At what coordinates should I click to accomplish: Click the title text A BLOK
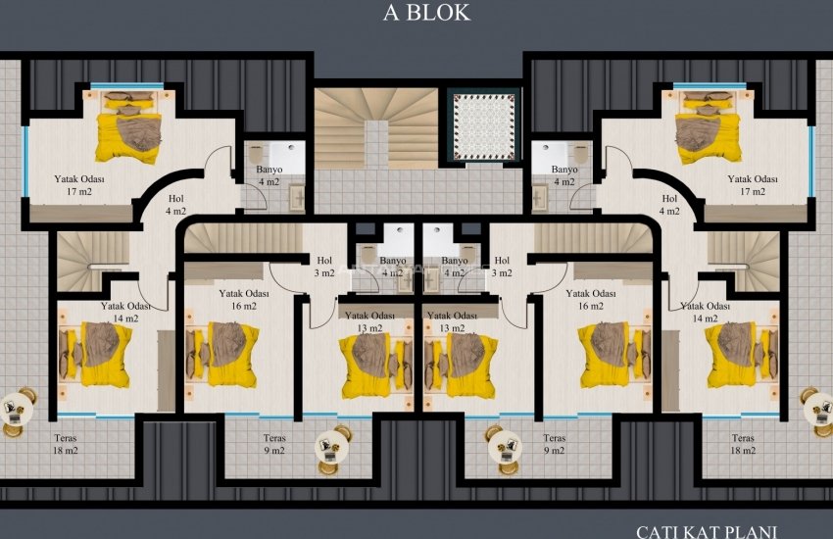coord(425,13)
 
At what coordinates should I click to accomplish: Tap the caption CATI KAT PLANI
coord(707,531)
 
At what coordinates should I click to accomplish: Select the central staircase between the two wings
coord(375,127)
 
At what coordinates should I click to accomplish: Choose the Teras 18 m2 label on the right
coord(743,445)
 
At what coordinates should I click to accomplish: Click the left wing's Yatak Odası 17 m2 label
coord(79,186)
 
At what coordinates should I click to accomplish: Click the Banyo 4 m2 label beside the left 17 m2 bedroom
coord(269,175)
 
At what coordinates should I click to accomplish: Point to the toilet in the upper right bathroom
coord(577,154)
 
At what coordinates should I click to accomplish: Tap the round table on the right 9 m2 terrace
coord(504,446)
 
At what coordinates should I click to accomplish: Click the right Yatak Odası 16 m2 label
coord(591,299)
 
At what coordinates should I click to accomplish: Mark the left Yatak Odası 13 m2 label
coord(368,321)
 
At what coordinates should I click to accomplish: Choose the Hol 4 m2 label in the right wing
coord(669,204)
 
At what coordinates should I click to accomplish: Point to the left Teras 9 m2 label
coord(274,445)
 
